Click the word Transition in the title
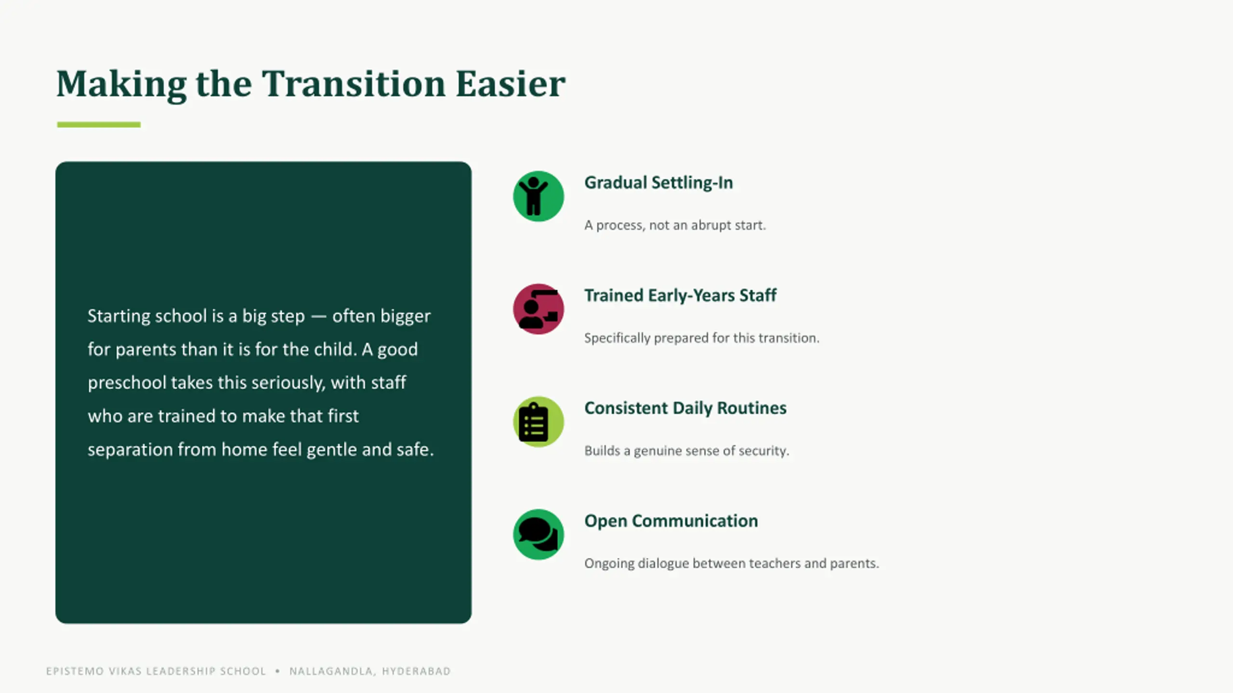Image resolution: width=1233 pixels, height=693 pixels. tap(354, 84)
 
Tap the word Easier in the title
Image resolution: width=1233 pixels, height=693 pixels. tap(510, 84)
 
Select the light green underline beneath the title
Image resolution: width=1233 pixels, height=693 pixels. tap(99, 125)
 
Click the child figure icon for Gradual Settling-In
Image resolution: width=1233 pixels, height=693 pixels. tap(538, 196)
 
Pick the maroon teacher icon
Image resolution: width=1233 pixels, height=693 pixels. tap(538, 309)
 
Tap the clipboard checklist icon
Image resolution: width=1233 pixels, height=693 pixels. tap(538, 422)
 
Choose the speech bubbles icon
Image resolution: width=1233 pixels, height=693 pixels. tap(538, 534)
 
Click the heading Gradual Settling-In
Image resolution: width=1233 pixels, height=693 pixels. tap(658, 183)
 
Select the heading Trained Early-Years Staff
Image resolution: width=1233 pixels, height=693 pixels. tap(680, 295)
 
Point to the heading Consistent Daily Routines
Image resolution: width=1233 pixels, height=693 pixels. tap(685, 408)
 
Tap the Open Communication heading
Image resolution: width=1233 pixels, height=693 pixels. tap(671, 521)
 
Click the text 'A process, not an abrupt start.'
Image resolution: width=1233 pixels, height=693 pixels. tap(675, 225)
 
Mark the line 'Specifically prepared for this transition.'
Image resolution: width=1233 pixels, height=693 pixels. tap(702, 338)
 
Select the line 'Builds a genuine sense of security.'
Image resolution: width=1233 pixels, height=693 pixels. tap(687, 450)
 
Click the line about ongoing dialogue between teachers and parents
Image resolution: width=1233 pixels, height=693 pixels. tap(732, 563)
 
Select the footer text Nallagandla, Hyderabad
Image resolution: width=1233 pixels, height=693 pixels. tap(370, 671)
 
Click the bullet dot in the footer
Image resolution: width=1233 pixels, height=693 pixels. tap(277, 671)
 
